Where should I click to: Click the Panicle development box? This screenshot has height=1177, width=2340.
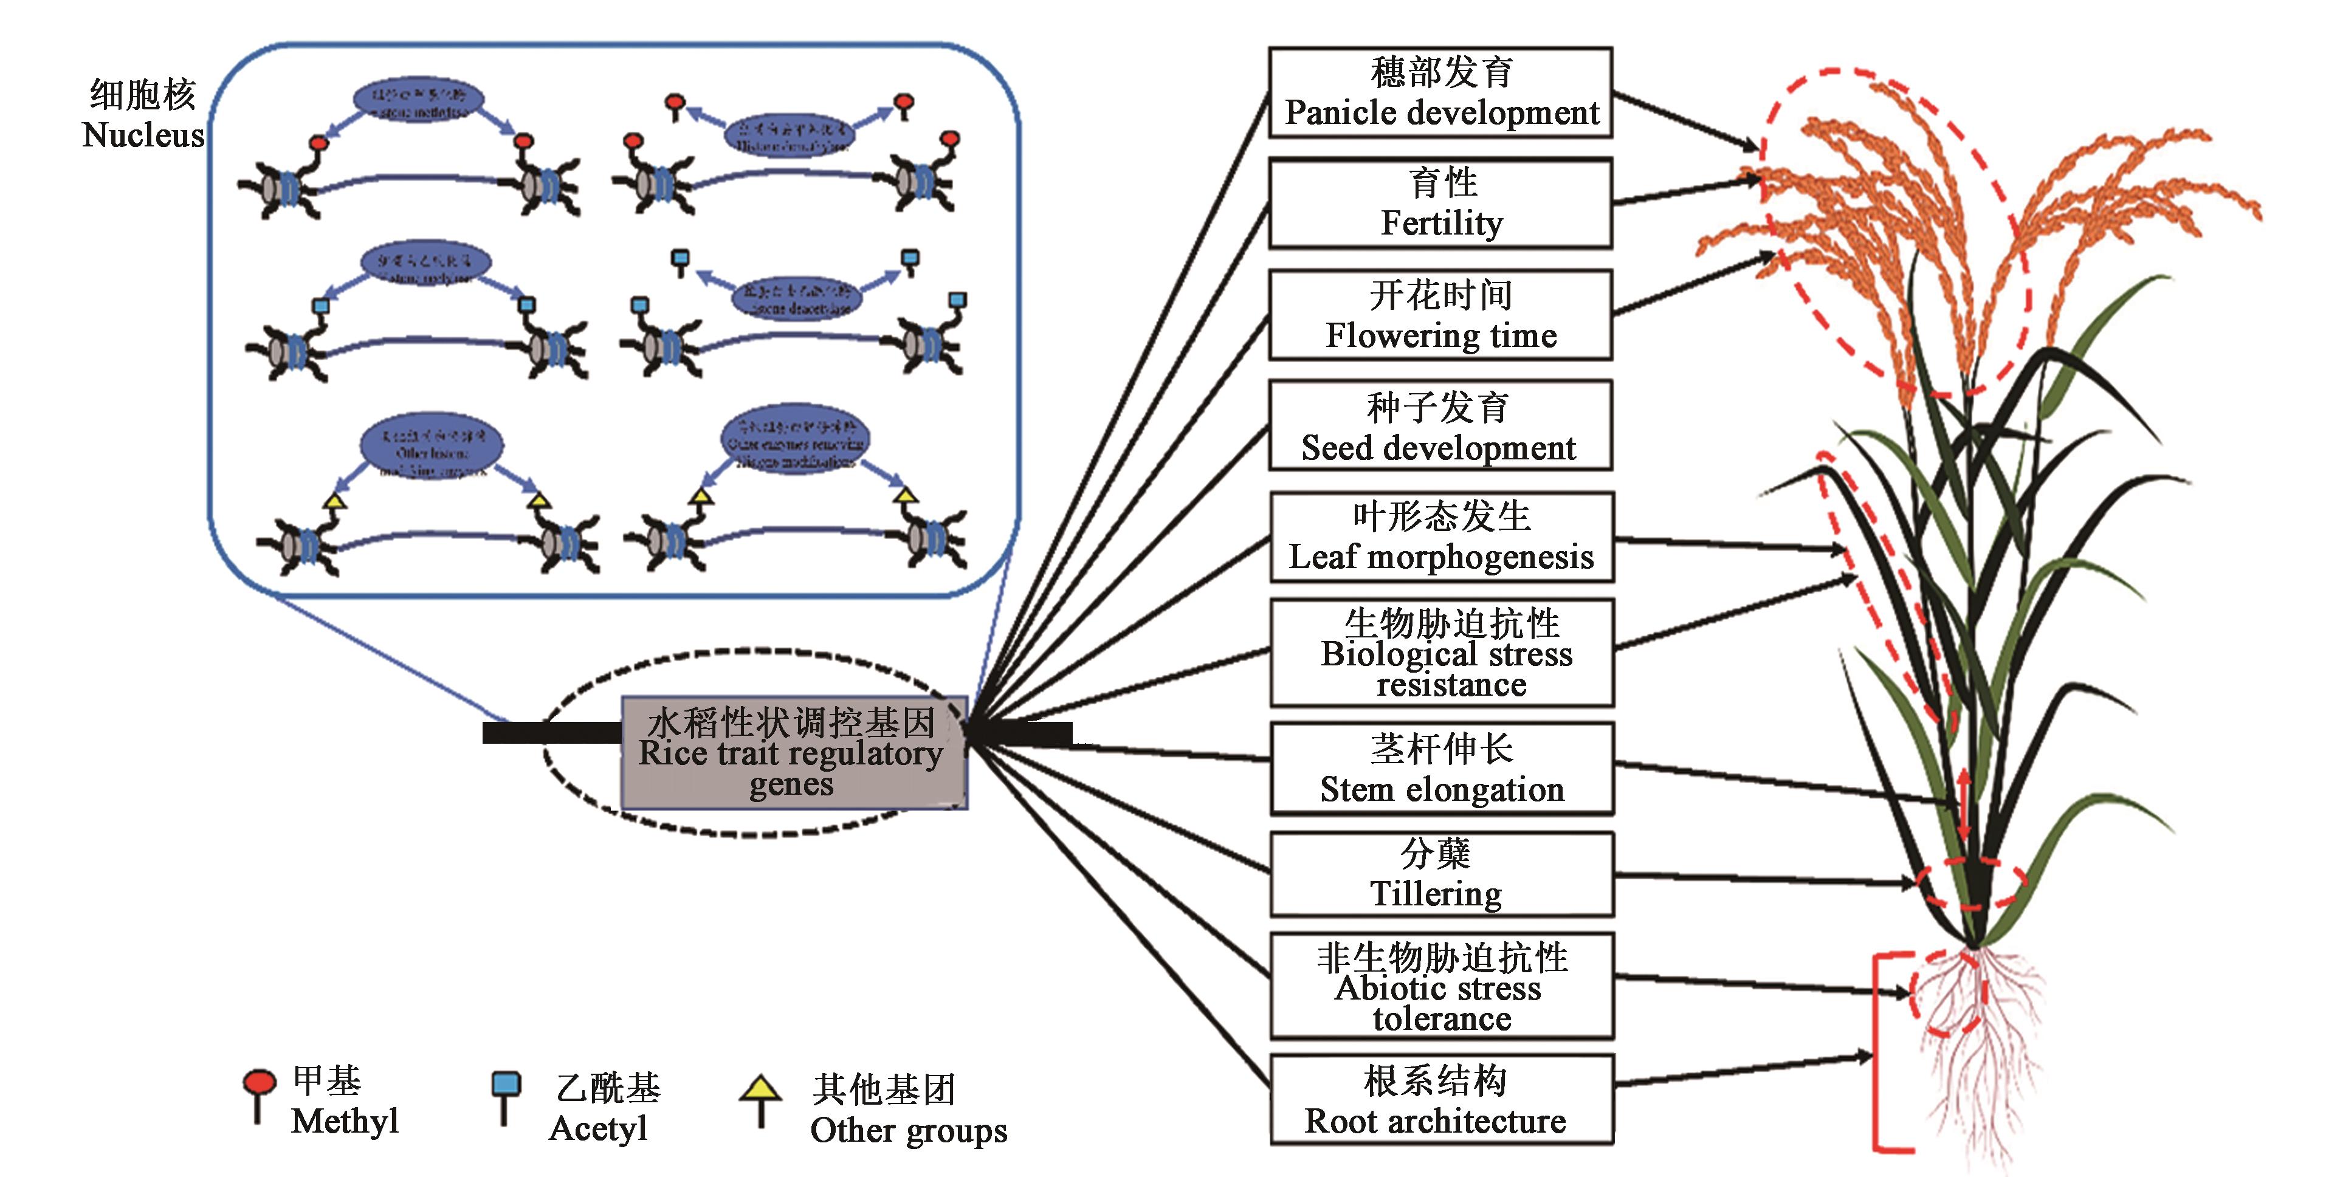[x=1440, y=92]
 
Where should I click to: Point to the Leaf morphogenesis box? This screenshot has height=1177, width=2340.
[x=1440, y=537]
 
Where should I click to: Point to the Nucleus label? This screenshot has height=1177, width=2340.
[x=143, y=114]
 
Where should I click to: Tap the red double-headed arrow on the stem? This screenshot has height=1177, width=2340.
[x=1964, y=805]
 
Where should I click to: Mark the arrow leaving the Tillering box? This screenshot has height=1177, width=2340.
[x=1762, y=878]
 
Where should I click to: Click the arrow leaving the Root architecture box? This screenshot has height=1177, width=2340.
[x=1744, y=1071]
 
